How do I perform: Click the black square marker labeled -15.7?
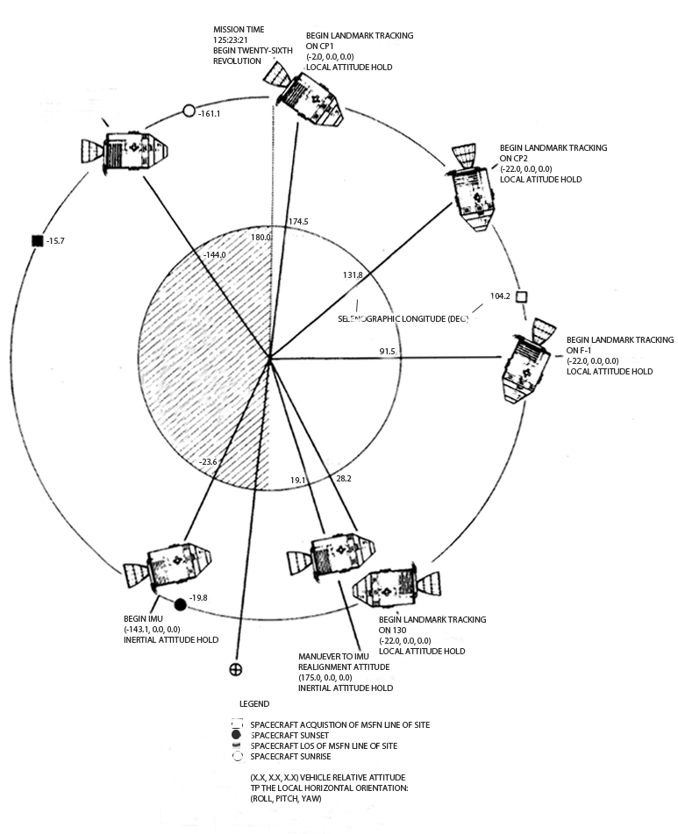[37, 241]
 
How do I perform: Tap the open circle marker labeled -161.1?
[189, 111]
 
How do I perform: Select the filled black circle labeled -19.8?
[181, 604]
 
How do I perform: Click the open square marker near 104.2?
[521, 297]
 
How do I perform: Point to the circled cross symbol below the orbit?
[235, 670]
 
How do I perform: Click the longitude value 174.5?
[298, 222]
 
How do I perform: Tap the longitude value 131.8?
[353, 274]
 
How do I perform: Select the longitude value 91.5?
[388, 352]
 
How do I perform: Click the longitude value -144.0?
[214, 254]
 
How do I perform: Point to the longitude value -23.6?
[208, 461]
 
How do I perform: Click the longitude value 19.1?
[298, 480]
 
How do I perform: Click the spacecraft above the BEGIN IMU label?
[171, 567]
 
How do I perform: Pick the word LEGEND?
[254, 704]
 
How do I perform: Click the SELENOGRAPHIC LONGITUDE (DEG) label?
[403, 318]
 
